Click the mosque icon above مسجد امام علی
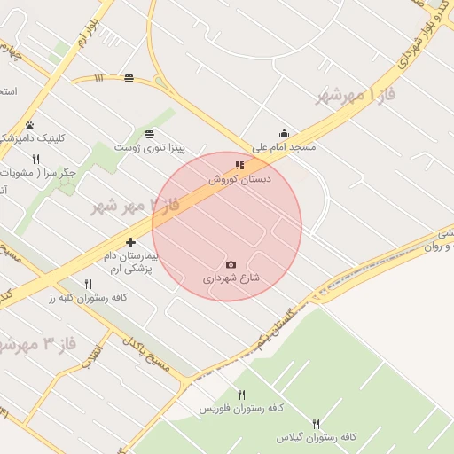[x=284, y=134]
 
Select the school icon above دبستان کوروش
[x=239, y=165]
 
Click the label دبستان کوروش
[x=239, y=179]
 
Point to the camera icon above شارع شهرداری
[x=231, y=264]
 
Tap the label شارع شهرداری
[x=231, y=278]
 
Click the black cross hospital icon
[x=131, y=242]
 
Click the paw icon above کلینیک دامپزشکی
[x=29, y=125]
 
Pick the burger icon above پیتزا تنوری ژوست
[x=148, y=133]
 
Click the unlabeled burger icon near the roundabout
[x=130, y=78]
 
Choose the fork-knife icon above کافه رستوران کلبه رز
[x=88, y=284]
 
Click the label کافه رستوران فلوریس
[x=240, y=408]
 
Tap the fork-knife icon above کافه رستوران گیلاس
[x=317, y=424]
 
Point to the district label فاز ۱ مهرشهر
[x=355, y=94]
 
